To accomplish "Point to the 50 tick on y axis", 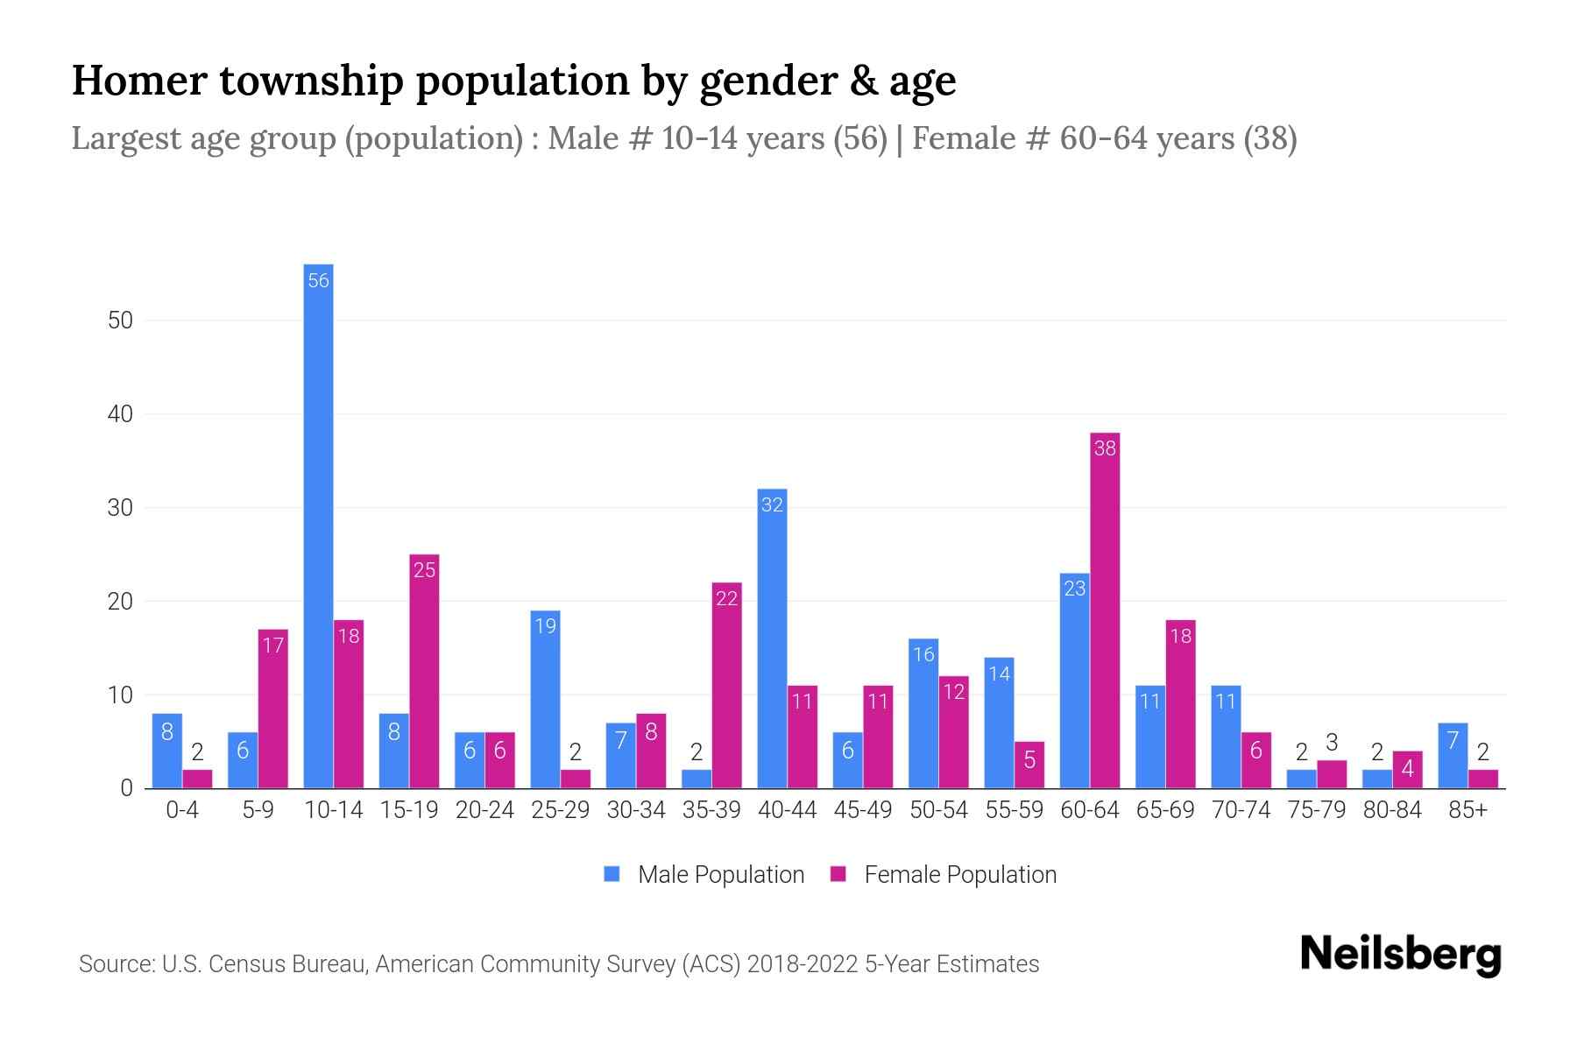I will pos(121,321).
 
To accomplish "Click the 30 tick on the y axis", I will pos(121,508).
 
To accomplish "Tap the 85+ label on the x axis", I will pos(1467,810).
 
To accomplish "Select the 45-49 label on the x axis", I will pos(862,810).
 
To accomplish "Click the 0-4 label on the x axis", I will pos(182,810).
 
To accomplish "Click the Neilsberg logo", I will pos(1400,955).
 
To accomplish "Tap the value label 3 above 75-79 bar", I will pos(1332,743).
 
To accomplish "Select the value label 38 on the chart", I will pos(1105,448).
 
